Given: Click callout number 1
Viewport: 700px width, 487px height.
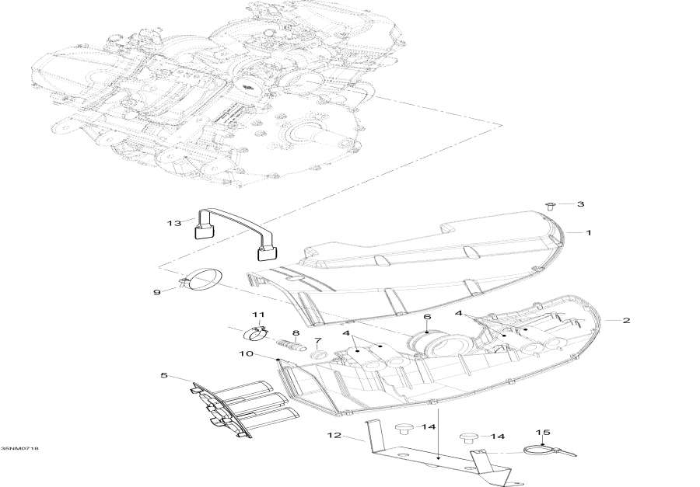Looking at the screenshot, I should (x=589, y=232).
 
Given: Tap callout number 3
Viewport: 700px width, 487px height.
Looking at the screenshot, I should (x=580, y=204).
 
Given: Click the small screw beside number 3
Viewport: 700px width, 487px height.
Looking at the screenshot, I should (x=550, y=206).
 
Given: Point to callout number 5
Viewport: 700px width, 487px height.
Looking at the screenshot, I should (x=164, y=376).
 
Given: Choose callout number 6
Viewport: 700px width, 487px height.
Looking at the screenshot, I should (x=426, y=317).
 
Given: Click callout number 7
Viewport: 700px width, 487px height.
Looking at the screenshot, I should (x=317, y=341).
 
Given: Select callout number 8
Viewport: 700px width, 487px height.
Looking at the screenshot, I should (x=296, y=332).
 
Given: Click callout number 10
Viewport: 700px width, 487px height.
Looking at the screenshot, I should (x=246, y=354).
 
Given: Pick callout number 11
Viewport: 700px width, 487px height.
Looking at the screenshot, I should (x=258, y=314).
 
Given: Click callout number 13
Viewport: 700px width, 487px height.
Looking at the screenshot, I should (x=173, y=223).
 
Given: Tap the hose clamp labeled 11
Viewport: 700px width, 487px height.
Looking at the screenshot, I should (x=257, y=334).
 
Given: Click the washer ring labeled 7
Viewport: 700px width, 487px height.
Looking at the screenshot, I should (x=318, y=356).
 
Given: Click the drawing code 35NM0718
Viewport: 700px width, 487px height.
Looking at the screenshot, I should (x=20, y=449).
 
